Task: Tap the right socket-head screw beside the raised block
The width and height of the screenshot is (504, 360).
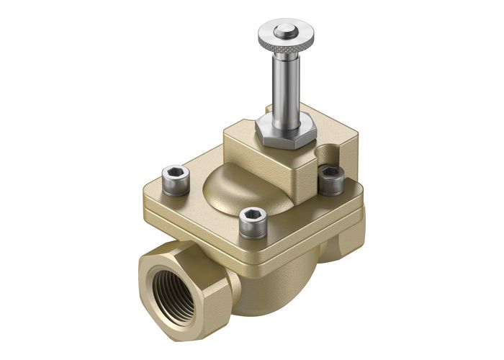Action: click(330, 178)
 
